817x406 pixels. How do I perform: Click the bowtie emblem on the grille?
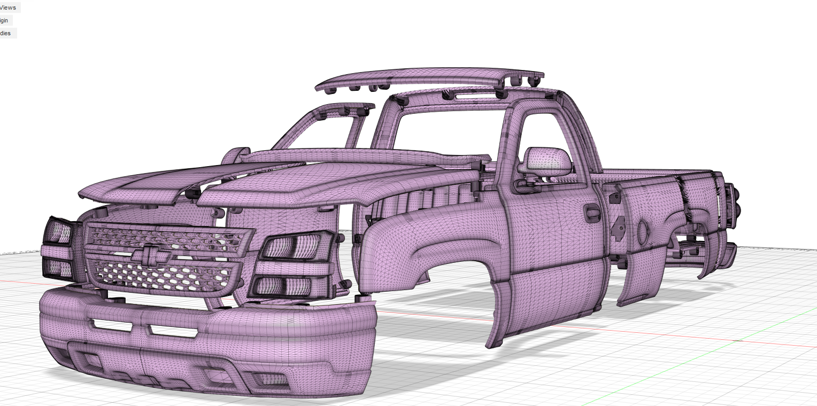click(x=151, y=255)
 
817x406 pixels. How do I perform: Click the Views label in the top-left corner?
click(x=8, y=7)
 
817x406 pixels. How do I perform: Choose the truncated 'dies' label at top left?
click(x=6, y=33)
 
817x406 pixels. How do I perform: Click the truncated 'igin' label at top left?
click(x=5, y=20)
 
